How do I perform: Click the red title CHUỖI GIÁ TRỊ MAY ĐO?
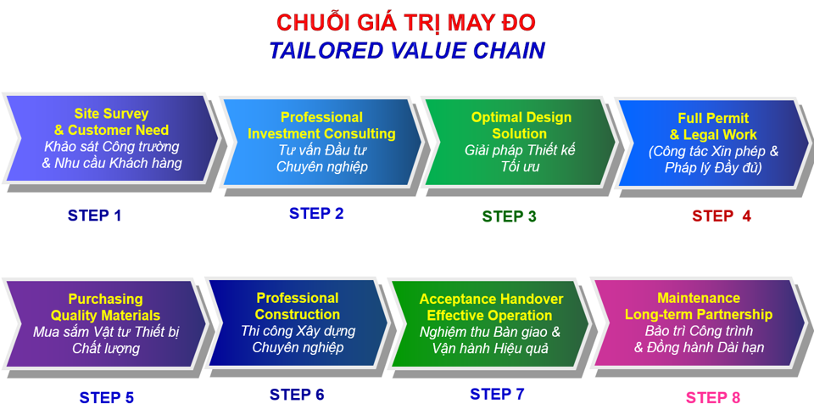click(405, 22)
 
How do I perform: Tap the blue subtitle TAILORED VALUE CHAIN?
click(407, 50)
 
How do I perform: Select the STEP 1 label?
click(94, 215)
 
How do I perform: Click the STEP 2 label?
click(316, 214)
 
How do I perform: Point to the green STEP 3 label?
click(509, 216)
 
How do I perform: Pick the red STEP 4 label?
click(722, 216)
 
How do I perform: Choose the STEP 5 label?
click(107, 397)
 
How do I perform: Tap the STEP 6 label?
click(297, 395)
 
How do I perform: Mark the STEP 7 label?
click(498, 395)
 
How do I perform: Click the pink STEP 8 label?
click(713, 398)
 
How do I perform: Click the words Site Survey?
click(111, 114)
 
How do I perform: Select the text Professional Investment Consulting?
click(321, 125)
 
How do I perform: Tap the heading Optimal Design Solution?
click(521, 125)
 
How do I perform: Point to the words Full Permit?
click(713, 118)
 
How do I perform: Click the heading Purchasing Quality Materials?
click(105, 307)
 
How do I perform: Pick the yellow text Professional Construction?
click(298, 306)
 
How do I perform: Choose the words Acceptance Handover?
click(491, 300)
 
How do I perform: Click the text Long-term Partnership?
click(698, 314)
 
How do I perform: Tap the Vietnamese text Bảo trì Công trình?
click(699, 331)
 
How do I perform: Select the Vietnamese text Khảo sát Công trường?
click(112, 147)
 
